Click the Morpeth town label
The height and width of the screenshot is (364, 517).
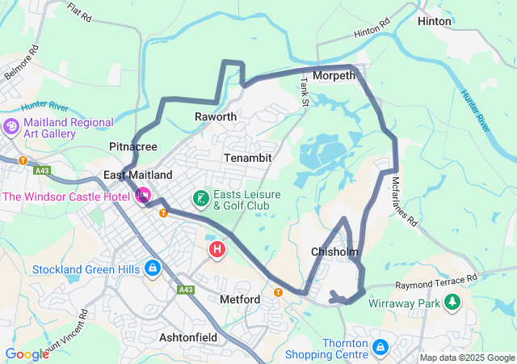point(334,76)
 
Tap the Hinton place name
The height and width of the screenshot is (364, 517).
point(435,21)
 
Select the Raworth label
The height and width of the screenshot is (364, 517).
point(216,117)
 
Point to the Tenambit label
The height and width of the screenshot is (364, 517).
point(248,157)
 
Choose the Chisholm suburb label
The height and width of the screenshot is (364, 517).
point(334,252)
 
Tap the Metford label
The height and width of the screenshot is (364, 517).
point(240,299)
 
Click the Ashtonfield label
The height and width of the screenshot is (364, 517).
point(187,336)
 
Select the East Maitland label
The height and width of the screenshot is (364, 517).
point(138,176)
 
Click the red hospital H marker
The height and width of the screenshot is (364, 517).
point(217,249)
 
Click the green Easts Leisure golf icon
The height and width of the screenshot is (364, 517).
point(200,198)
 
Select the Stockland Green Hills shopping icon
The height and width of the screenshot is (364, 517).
point(152,268)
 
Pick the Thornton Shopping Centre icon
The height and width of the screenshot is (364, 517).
point(380,348)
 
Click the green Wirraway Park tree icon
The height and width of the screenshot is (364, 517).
point(452,303)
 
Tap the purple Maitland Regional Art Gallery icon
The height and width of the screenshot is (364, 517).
point(11,128)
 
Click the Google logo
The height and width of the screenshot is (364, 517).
point(27,353)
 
